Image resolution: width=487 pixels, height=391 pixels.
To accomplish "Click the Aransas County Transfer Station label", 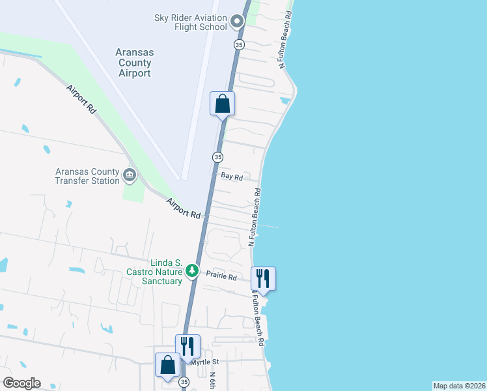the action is coord(87,176).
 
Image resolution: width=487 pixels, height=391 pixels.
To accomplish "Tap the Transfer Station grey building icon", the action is coord(129,175).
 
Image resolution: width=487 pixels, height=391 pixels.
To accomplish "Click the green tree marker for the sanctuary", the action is coord(191,270).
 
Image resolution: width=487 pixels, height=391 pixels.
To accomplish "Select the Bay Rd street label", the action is coord(232,177).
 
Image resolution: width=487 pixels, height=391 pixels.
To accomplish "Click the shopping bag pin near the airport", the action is coord(222,104).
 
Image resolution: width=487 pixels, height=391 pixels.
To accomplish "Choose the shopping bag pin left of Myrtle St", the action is coord(167,366).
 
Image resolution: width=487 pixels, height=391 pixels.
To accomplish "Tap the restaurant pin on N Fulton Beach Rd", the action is coord(263,279).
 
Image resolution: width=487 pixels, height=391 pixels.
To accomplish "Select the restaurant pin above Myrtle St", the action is coord(188,347).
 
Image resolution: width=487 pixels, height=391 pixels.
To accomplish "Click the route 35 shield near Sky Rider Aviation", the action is coord(240,44).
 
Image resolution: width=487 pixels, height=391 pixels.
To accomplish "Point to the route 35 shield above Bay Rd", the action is coord(217,157).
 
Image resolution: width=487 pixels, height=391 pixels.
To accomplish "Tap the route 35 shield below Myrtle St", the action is coord(184,382).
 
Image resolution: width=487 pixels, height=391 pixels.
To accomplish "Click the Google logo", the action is coord(21,383).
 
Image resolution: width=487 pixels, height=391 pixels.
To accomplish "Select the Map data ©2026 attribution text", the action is coord(459,386).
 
